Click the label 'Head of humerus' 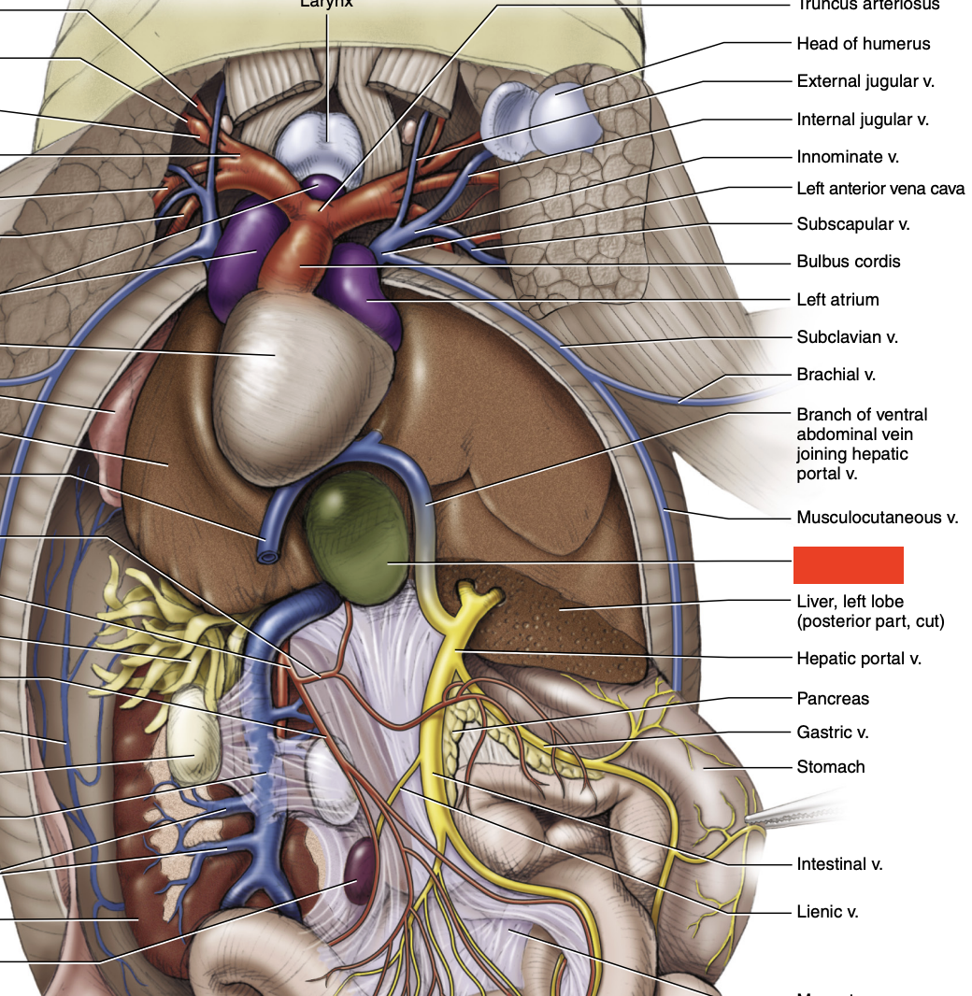[x=863, y=44]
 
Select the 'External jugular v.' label [x=865, y=81]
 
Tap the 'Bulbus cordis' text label [x=848, y=262]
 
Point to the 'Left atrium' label [x=837, y=300]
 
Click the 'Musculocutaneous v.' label [x=877, y=518]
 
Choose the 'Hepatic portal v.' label [x=858, y=659]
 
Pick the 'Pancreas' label [x=832, y=698]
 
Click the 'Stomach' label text [x=830, y=767]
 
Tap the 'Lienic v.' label [x=827, y=912]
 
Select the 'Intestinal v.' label [x=839, y=864]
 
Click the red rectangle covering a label [x=848, y=565]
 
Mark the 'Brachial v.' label [x=836, y=375]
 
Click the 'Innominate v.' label [x=848, y=157]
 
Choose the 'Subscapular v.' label [x=852, y=224]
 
